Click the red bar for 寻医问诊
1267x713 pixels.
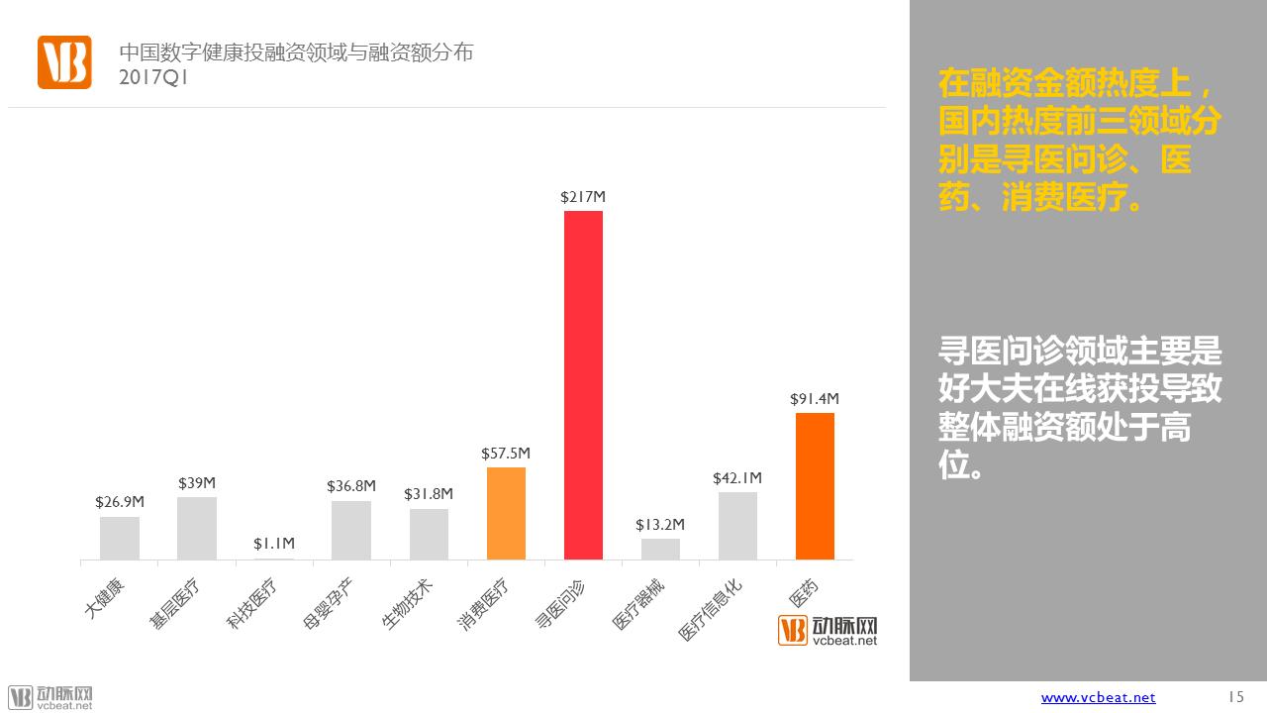(x=583, y=385)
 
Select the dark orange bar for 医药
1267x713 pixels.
(x=815, y=486)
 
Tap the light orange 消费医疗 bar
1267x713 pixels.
(x=506, y=513)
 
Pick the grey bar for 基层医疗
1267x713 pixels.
(x=197, y=529)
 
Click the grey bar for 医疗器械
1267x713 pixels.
(x=660, y=549)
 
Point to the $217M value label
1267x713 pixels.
(x=583, y=197)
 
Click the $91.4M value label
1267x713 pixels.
(x=815, y=399)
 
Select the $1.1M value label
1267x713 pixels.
(x=274, y=544)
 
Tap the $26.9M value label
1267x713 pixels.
(x=120, y=502)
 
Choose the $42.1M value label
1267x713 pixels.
(x=737, y=478)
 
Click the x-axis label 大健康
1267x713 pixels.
(x=104, y=598)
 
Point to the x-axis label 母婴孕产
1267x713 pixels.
(x=328, y=603)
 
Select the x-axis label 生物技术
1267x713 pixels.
(x=407, y=603)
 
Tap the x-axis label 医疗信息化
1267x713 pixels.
(x=710, y=609)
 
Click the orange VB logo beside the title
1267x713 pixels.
(x=64, y=62)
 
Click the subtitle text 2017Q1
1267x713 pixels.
(x=153, y=77)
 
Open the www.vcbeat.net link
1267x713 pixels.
(x=1098, y=698)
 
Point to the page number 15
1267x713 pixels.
(x=1236, y=696)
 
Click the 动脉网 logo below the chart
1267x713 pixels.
(x=828, y=631)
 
